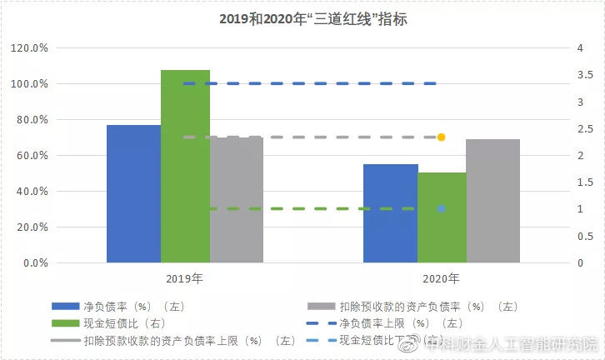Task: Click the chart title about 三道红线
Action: coord(303,17)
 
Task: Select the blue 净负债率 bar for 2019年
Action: coord(133,193)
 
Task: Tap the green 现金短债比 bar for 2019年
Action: coord(185,166)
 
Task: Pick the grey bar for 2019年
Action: coord(237,200)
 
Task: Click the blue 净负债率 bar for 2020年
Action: coord(390,213)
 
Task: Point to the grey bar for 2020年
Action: coord(492,201)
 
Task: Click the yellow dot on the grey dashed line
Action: coord(441,137)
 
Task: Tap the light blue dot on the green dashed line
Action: coord(441,208)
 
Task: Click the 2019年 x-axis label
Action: coord(185,278)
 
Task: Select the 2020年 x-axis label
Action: coord(442,278)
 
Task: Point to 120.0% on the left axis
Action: coord(30,48)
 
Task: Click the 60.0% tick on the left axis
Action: coord(32,156)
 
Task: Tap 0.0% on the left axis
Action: coord(35,263)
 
